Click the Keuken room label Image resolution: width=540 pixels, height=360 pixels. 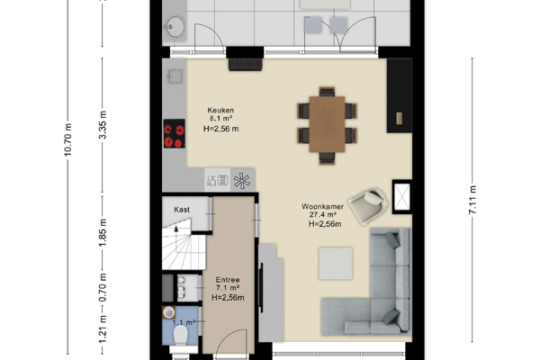220,110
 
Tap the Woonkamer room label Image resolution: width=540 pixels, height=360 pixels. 323,207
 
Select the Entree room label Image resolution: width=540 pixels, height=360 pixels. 228,280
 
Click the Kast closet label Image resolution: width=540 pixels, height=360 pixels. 182,210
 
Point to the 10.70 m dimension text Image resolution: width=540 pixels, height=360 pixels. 67,139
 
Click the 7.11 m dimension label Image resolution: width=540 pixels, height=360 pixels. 472,200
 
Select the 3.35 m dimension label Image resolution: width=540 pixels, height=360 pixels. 103,125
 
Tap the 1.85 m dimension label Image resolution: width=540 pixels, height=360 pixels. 103,232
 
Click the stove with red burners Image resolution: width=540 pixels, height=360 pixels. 174,133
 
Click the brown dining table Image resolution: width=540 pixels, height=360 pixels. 327,124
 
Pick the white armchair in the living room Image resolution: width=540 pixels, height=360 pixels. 368,206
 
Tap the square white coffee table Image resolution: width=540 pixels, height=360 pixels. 336,263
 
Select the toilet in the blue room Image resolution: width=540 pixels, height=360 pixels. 181,336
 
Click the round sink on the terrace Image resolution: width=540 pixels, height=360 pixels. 175,26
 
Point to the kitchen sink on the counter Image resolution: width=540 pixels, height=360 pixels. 175,76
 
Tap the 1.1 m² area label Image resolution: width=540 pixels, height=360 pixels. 184,323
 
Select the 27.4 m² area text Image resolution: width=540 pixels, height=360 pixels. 323,214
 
